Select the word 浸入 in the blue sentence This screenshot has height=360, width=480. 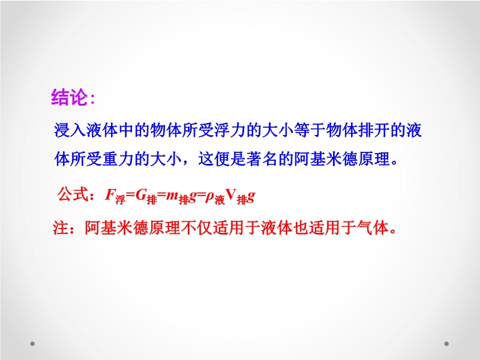pos(70,130)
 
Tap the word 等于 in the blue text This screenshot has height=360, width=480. pos(310,130)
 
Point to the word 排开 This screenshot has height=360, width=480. pos(373,130)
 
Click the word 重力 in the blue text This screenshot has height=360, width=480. pos(118,159)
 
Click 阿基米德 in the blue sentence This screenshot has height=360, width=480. pos(325,159)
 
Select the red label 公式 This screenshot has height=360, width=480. pos(73,194)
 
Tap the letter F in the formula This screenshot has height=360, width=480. pos(110,194)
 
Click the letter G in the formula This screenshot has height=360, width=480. pos(140,194)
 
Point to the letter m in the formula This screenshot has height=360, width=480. pos(172,196)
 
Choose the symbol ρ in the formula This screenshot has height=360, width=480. pos(209,197)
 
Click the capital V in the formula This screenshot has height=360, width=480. pos(231,194)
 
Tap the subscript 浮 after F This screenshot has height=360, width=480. pos(121,200)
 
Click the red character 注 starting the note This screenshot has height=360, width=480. pos(61,228)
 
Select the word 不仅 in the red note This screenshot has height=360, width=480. pos(197,228)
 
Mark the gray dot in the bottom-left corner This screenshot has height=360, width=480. pos(32,344)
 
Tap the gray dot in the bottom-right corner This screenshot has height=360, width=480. pos(446,344)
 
